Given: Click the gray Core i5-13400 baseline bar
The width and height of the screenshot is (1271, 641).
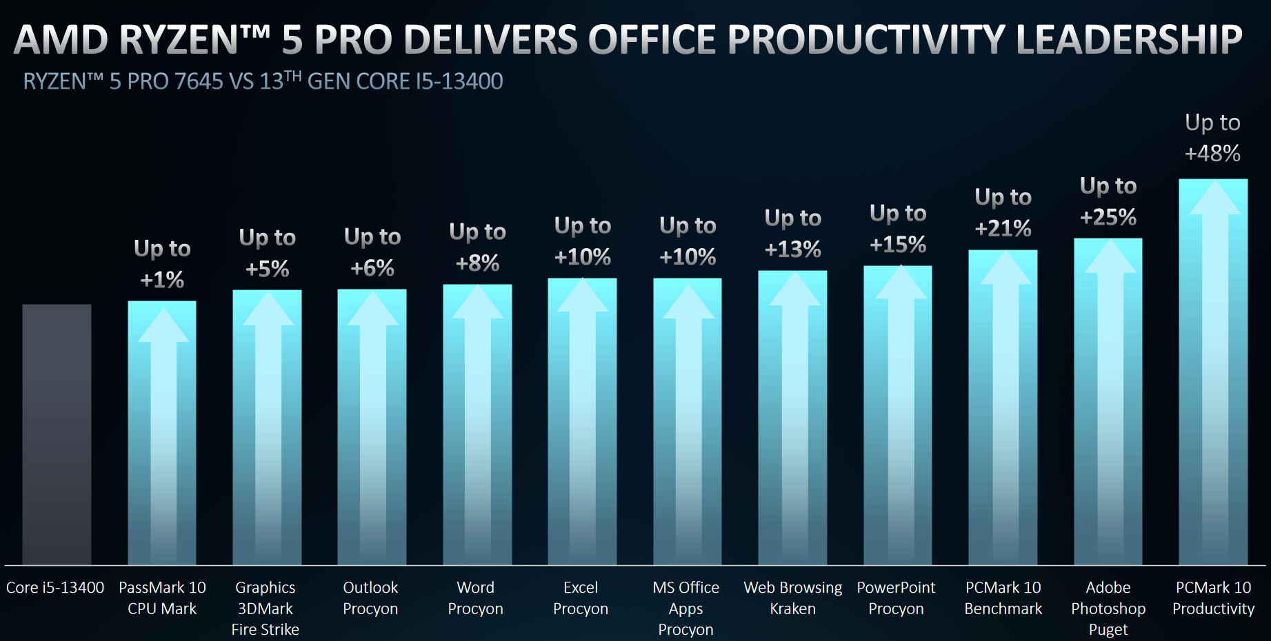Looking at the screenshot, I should click(57, 434).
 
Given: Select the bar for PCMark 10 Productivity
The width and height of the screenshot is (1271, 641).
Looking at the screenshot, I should click(1213, 372).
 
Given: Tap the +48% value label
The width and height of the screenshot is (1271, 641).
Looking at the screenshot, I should click(1212, 153).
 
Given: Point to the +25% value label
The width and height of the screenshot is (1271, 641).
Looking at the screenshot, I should click(1108, 218).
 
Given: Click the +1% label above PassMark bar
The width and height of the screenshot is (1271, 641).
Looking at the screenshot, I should click(162, 280).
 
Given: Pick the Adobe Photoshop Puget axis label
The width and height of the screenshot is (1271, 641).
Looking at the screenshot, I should click(1108, 608).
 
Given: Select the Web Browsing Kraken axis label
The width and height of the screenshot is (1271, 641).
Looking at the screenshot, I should click(792, 598).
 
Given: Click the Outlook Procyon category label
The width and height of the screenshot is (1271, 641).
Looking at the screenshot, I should click(370, 598).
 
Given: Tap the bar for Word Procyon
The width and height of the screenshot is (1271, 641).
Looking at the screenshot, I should click(477, 424).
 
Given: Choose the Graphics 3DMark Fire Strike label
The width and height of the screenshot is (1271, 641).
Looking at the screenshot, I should click(266, 608).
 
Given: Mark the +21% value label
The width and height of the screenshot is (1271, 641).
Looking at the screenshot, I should click(1003, 228).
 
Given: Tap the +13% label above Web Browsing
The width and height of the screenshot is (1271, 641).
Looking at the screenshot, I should click(792, 250).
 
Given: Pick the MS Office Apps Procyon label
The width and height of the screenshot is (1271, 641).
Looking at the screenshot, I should click(685, 608).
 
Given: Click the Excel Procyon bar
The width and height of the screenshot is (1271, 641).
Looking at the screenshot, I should click(582, 421).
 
